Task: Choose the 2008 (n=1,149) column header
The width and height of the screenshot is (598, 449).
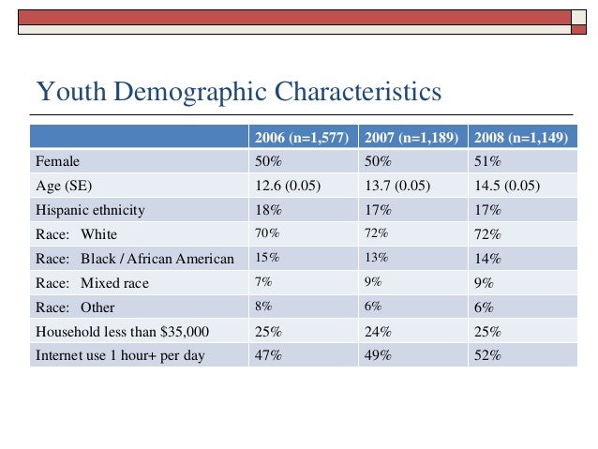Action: [520, 138]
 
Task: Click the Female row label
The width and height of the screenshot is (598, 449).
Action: [58, 160]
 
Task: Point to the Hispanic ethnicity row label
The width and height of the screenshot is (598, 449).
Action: [90, 209]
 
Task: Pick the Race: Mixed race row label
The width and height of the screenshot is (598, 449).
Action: [92, 282]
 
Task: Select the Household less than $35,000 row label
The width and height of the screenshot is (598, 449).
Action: [122, 331]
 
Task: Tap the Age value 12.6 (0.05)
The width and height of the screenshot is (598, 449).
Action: [288, 185]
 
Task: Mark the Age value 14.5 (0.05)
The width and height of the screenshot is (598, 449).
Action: [507, 185]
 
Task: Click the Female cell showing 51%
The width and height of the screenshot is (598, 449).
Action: [488, 160]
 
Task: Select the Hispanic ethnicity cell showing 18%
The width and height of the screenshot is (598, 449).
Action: [269, 209]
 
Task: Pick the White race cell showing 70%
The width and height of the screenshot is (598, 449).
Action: [267, 233]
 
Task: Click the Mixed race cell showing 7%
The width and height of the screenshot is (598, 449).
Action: [264, 282]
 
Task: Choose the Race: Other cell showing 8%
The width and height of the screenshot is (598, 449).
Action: [264, 307]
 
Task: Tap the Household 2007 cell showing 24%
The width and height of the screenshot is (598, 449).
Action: [379, 331]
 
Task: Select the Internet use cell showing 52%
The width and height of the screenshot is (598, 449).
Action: [488, 355]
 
